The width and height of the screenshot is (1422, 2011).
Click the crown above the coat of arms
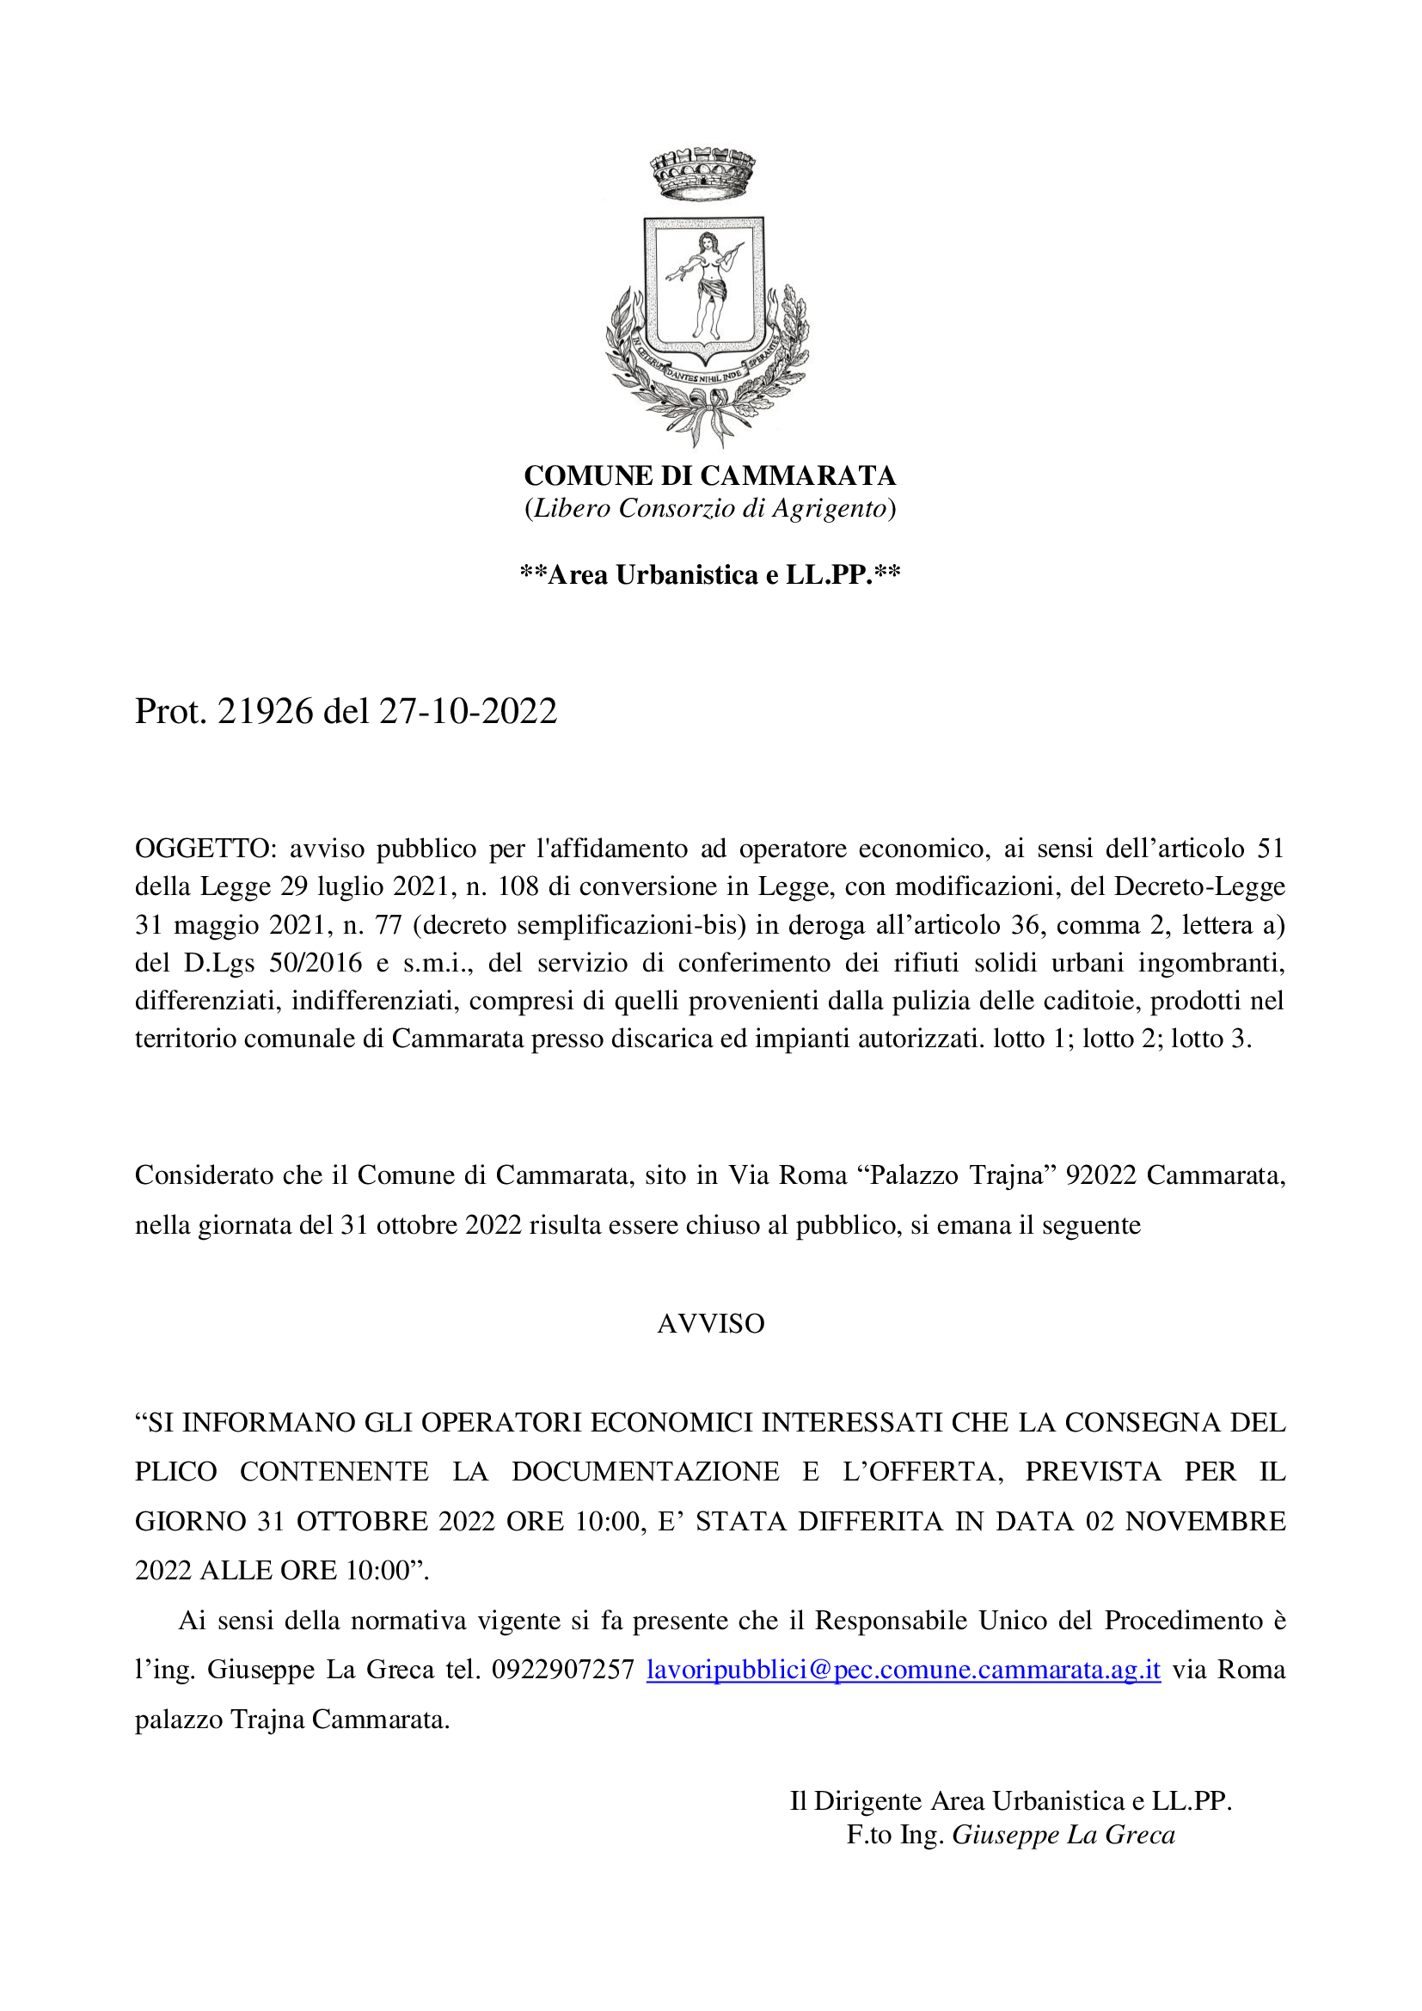pyautogui.click(x=702, y=172)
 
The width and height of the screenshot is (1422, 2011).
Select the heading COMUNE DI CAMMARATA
pyautogui.click(x=709, y=475)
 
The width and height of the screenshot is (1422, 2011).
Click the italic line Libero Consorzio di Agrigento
pyautogui.click(x=709, y=508)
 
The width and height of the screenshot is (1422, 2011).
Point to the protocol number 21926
pyautogui.click(x=266, y=711)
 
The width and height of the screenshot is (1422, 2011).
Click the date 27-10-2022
pyautogui.click(x=468, y=711)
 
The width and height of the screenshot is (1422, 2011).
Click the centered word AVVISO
pyautogui.click(x=710, y=1323)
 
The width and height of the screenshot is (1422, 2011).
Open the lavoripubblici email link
pyautogui.click(x=903, y=1670)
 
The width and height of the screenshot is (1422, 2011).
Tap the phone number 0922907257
pyautogui.click(x=563, y=1670)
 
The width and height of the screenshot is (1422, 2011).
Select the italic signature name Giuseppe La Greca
pyautogui.click(x=1063, y=1835)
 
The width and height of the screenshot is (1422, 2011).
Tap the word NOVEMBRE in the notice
pyautogui.click(x=1204, y=1521)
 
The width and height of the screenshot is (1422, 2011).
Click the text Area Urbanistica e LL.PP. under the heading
pyautogui.click(x=710, y=574)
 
